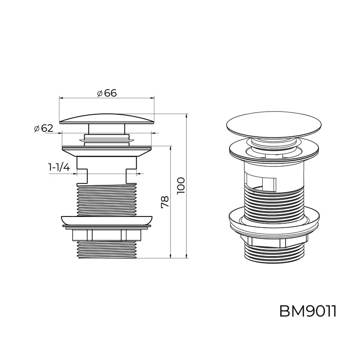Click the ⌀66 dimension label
[x=107, y=93]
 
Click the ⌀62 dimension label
[x=43, y=128]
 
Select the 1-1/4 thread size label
[x=59, y=167]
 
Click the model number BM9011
[x=308, y=311]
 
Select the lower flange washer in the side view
[x=107, y=220]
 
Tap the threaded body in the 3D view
[x=275, y=200]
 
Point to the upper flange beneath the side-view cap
[x=107, y=150]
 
